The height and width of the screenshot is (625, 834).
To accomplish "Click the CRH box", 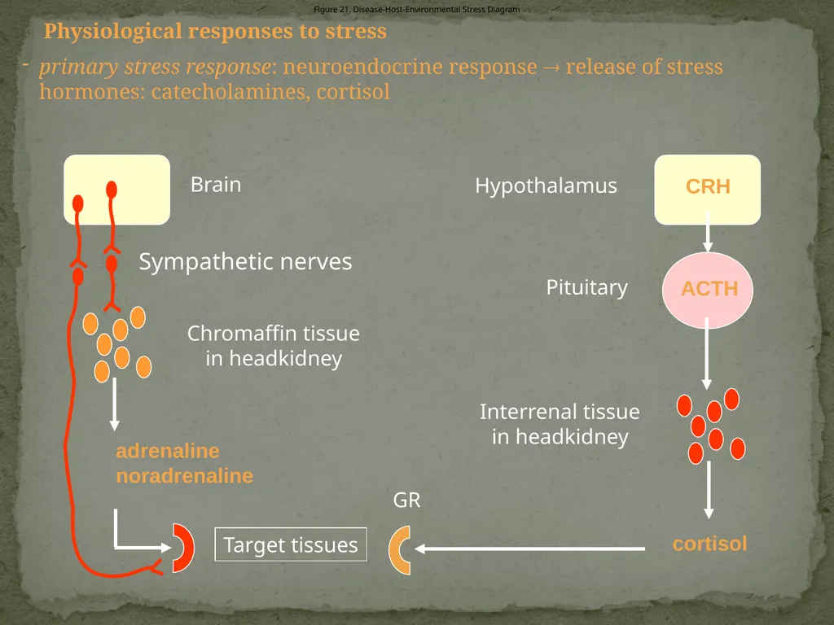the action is pyautogui.click(x=708, y=190).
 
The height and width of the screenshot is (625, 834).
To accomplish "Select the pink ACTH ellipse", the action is pyautogui.click(x=708, y=290).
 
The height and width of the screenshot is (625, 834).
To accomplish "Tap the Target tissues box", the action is pyautogui.click(x=291, y=544).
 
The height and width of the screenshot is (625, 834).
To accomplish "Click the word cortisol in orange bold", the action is pyautogui.click(x=709, y=544).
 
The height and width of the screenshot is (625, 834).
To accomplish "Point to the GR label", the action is pyautogui.click(x=407, y=500).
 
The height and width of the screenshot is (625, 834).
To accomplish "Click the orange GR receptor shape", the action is pyautogui.click(x=399, y=550).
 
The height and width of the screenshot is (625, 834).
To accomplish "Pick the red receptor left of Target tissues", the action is pyautogui.click(x=184, y=548).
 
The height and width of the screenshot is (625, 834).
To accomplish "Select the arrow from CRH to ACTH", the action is pyautogui.click(x=708, y=232).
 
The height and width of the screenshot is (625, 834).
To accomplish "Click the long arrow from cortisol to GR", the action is pyautogui.click(x=529, y=549).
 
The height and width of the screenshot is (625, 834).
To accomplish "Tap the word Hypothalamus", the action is pyautogui.click(x=546, y=186).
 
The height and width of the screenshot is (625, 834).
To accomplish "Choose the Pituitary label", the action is pyautogui.click(x=586, y=287).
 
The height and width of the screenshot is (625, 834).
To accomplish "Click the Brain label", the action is pyautogui.click(x=216, y=185).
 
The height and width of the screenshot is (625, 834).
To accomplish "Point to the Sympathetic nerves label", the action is pyautogui.click(x=245, y=261).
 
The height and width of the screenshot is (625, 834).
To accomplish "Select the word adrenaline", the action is pyautogui.click(x=168, y=451).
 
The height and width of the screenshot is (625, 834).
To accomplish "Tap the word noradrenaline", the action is pyautogui.click(x=185, y=475).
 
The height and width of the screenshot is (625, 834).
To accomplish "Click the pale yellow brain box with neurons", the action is pyautogui.click(x=117, y=190).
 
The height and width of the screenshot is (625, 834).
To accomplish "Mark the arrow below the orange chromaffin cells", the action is pyautogui.click(x=114, y=404).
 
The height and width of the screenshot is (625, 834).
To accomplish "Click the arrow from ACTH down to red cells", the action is pyautogui.click(x=707, y=353).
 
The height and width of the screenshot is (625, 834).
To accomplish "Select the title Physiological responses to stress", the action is pyautogui.click(x=215, y=32).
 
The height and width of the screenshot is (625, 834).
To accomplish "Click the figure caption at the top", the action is pyautogui.click(x=416, y=9).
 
